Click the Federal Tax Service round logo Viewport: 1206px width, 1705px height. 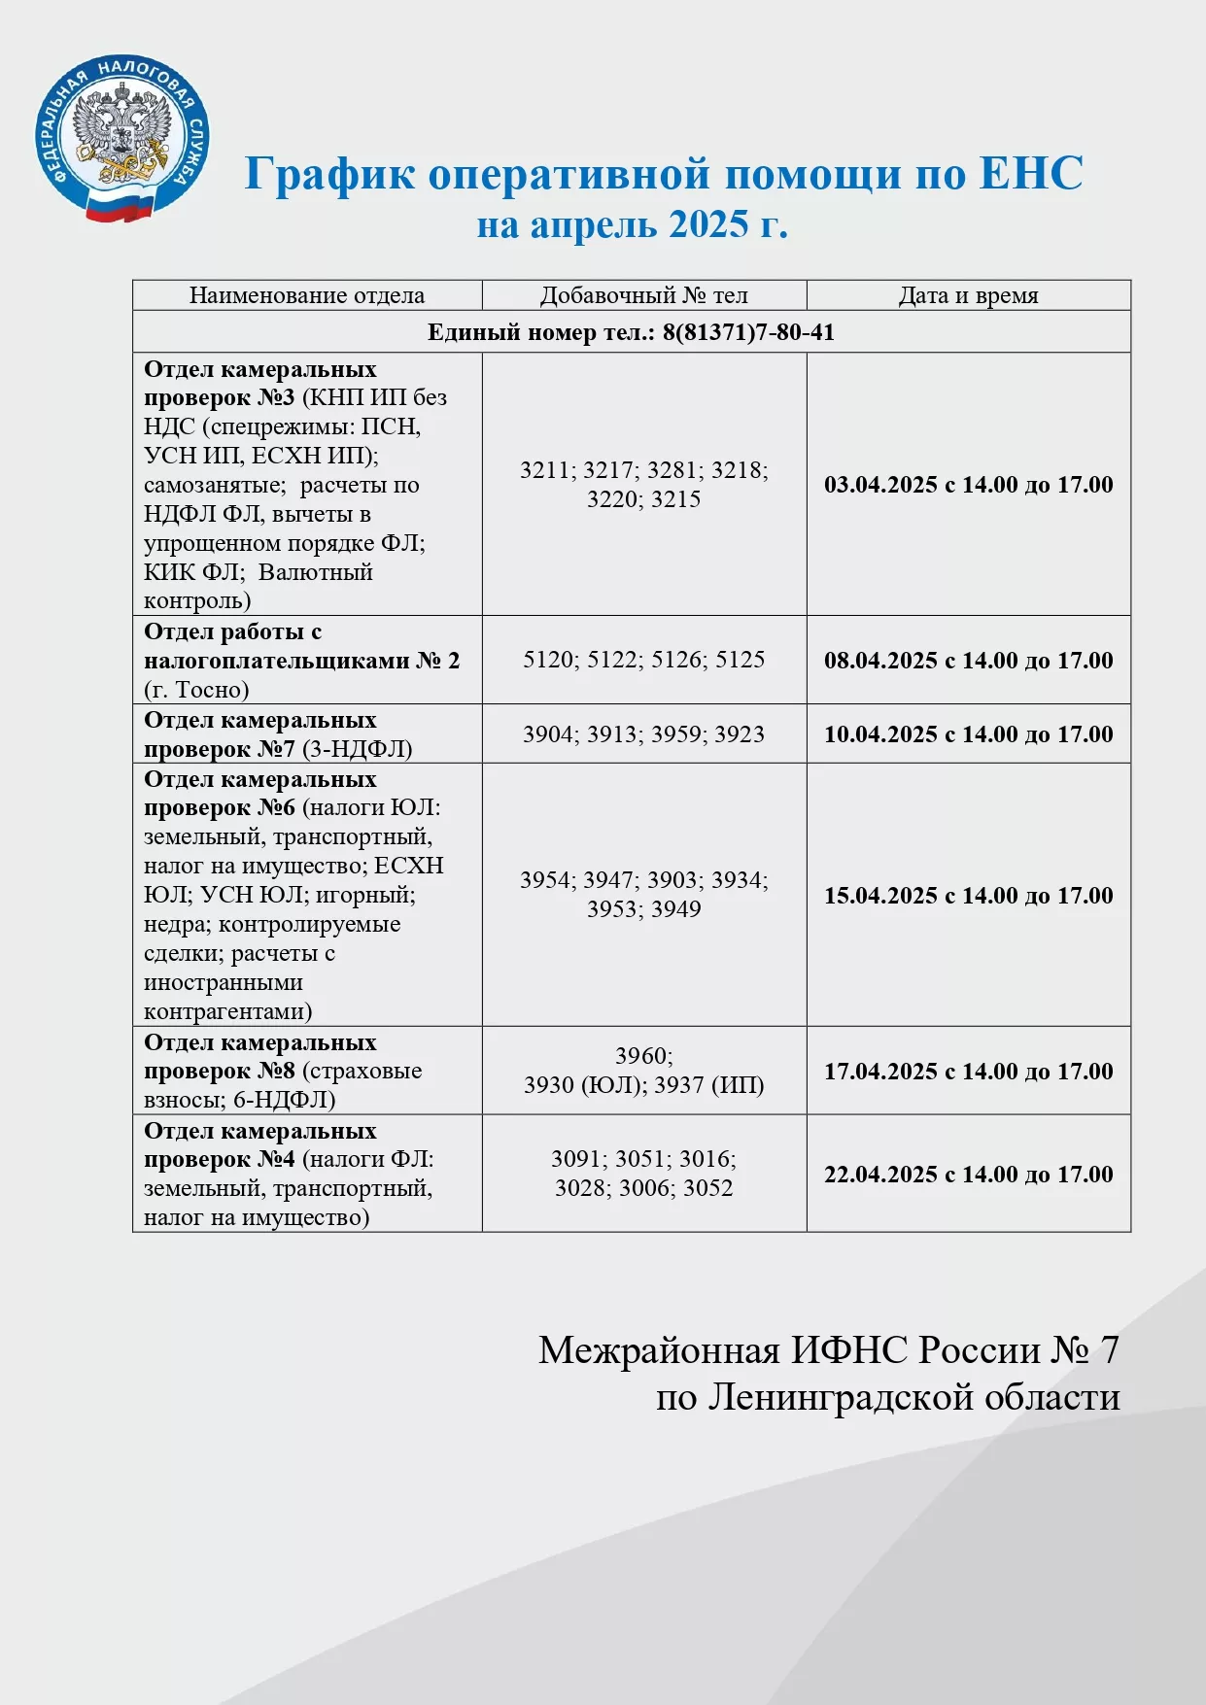121,138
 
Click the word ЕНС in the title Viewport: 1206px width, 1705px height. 1030,174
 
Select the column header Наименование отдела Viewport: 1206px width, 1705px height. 306,295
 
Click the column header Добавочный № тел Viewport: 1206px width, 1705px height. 643,295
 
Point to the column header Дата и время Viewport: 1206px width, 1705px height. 968,295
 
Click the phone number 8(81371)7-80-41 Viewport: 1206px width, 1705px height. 748,332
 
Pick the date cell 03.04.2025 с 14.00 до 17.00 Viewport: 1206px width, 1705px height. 968,485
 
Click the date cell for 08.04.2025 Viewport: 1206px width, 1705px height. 968,661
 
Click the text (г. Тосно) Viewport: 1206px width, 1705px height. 196,690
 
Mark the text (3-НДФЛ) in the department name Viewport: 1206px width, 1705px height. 358,749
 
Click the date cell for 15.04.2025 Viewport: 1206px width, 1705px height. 968,896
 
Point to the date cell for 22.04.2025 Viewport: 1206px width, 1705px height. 968,1175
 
